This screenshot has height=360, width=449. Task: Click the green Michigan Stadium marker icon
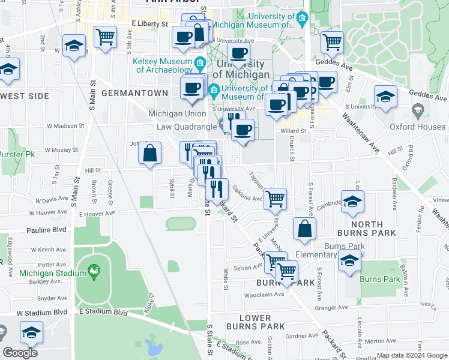[94, 273]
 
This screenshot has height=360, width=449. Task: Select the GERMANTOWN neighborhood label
[134, 93]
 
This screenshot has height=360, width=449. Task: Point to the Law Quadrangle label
[187, 127]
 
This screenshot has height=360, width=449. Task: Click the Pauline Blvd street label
[45, 230]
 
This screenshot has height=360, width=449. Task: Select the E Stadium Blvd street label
[103, 312]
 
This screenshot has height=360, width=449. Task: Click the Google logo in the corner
[20, 352]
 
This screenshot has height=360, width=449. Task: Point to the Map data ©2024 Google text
[412, 356]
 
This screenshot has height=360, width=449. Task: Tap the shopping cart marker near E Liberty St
[105, 37]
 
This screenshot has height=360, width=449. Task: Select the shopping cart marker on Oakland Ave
[275, 198]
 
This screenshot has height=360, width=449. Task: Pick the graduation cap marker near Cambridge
[352, 202]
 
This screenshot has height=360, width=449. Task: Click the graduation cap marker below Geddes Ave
[385, 97]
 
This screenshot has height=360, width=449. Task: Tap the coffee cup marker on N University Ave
[238, 52]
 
